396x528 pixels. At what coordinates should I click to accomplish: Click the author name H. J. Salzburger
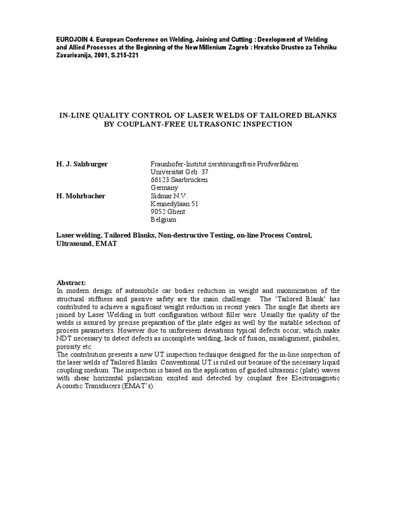tap(82, 164)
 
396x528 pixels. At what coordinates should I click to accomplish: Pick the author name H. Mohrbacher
tap(80, 196)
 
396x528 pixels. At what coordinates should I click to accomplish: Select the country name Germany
tap(163, 188)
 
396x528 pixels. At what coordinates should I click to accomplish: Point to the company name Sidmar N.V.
tap(169, 196)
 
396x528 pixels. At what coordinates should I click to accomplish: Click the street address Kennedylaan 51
tap(174, 204)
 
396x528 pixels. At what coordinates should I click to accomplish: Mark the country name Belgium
tap(163, 219)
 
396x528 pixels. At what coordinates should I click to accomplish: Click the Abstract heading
tap(71, 283)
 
